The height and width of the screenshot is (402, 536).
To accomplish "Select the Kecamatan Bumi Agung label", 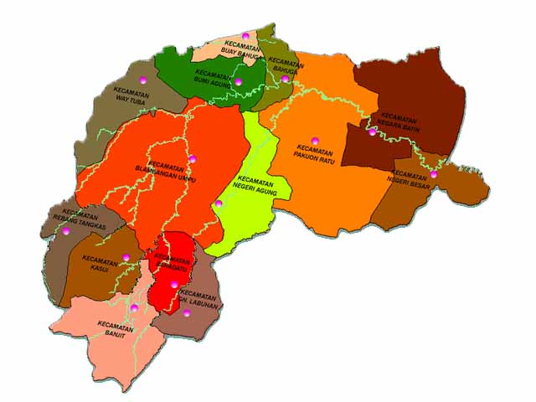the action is [213, 77].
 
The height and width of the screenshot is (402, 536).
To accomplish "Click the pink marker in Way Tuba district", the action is [143, 80].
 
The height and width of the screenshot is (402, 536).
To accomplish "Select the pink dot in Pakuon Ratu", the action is [315, 140].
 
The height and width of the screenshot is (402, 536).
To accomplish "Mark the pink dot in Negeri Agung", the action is [219, 204].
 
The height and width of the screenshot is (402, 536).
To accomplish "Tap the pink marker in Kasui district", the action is [126, 257].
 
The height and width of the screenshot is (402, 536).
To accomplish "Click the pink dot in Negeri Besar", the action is [434, 174].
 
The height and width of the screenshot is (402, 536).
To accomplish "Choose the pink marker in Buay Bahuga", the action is [245, 35].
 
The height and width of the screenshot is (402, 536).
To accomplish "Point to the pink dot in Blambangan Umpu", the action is [192, 158].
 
